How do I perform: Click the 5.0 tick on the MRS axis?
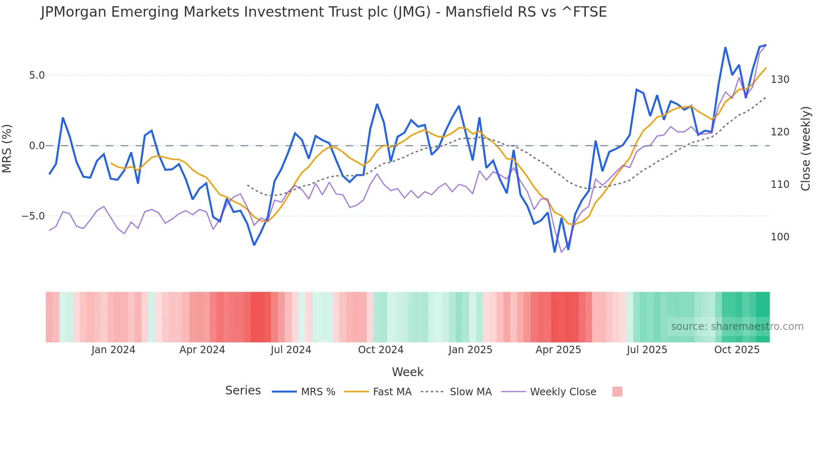pos(37,75)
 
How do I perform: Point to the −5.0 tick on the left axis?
pos(33,216)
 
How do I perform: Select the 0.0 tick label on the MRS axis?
pos(37,146)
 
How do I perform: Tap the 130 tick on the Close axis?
pos(780,80)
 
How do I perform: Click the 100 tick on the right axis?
pos(780,237)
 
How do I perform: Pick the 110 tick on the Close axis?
pos(780,185)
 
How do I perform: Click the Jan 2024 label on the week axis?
pos(113,350)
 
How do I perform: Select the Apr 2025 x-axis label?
pos(558,350)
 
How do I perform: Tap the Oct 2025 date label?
pos(736,350)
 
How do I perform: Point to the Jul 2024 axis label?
pos(291,350)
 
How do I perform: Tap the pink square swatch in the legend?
pos(617,392)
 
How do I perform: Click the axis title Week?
pos(408,372)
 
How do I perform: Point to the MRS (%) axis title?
pos(7,148)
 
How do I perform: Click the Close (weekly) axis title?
pos(806,148)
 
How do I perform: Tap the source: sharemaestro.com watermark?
pos(737,327)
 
